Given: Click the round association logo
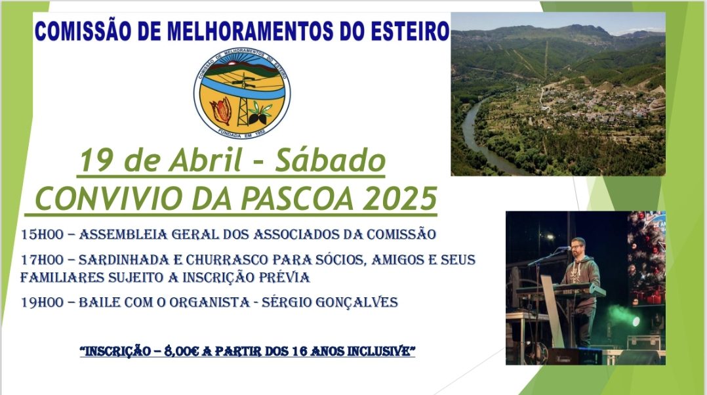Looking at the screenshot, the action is (x=242, y=93).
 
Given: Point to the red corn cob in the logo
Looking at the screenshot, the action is (x=222, y=110).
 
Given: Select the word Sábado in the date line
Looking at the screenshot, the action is (x=330, y=161).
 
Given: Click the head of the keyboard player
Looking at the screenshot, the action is (x=578, y=247).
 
